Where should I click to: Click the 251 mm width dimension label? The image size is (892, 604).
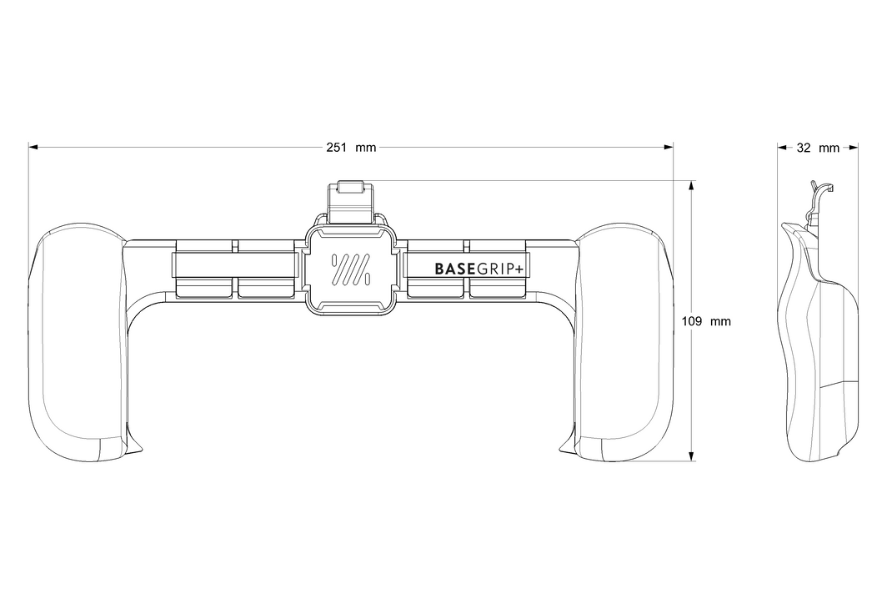pos(351,148)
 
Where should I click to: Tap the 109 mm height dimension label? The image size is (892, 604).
pos(706,322)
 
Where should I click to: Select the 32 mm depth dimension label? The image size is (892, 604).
pos(818,148)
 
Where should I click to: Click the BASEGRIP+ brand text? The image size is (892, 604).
pos(479,269)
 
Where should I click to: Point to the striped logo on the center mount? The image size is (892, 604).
pos(350,269)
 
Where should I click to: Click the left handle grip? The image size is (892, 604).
pos(78,341)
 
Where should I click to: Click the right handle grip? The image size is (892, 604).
pos(624,341)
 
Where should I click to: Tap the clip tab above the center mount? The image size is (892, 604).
pos(350,202)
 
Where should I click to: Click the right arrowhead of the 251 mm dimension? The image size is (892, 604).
pos(669,148)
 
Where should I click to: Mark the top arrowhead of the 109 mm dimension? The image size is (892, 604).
pos(691,185)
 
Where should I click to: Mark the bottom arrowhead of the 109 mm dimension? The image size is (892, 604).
pos(691,456)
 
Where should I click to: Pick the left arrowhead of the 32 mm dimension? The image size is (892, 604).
pos(782,148)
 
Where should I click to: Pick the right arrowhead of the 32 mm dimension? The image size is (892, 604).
pos(854,148)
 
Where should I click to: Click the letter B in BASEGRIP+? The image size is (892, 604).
pos(439,269)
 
